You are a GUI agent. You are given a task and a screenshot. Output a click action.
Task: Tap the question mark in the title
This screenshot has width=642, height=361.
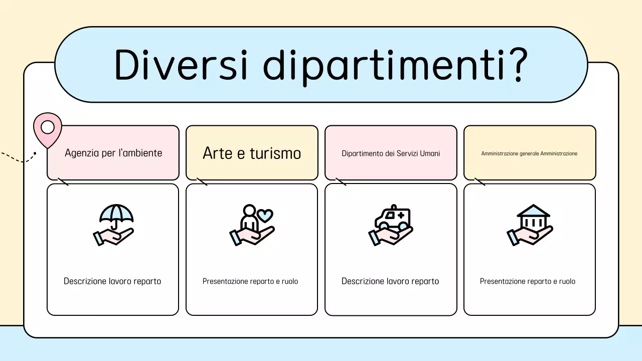(514, 65)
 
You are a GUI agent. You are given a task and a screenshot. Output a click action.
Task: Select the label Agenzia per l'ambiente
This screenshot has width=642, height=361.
(113, 153)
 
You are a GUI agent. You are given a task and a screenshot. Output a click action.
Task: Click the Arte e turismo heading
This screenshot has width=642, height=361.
(252, 153)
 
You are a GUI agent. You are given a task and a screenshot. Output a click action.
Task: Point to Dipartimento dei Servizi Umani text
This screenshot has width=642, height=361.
(391, 153)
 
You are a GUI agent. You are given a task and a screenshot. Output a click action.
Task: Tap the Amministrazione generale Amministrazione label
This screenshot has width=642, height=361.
(529, 153)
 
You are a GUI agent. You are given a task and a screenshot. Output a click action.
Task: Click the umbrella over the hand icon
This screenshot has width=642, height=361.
(116, 215)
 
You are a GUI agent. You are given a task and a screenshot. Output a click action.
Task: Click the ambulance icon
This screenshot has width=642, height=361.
(392, 217)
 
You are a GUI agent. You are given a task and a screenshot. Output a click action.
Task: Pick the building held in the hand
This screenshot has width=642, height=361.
(533, 217)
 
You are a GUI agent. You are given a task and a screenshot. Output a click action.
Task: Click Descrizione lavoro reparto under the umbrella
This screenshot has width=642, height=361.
(112, 281)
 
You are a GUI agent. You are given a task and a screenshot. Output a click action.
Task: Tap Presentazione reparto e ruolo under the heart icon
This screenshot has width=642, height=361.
(250, 281)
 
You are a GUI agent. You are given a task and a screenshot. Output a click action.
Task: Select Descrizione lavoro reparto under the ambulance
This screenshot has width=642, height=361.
(390, 281)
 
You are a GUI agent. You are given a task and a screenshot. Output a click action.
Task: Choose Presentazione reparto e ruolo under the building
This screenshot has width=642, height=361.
(528, 281)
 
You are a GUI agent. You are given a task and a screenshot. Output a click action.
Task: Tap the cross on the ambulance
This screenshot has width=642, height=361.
(400, 215)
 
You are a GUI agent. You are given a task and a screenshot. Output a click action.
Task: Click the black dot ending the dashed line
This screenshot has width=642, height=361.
(35, 153)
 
